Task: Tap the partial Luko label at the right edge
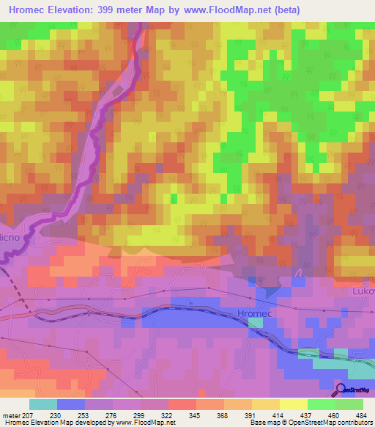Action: pos(363,291)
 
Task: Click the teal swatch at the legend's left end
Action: pos(42,404)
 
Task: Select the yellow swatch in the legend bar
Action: pos(293,404)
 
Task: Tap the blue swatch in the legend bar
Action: pos(70,404)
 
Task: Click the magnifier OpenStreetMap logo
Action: pos(341,390)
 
